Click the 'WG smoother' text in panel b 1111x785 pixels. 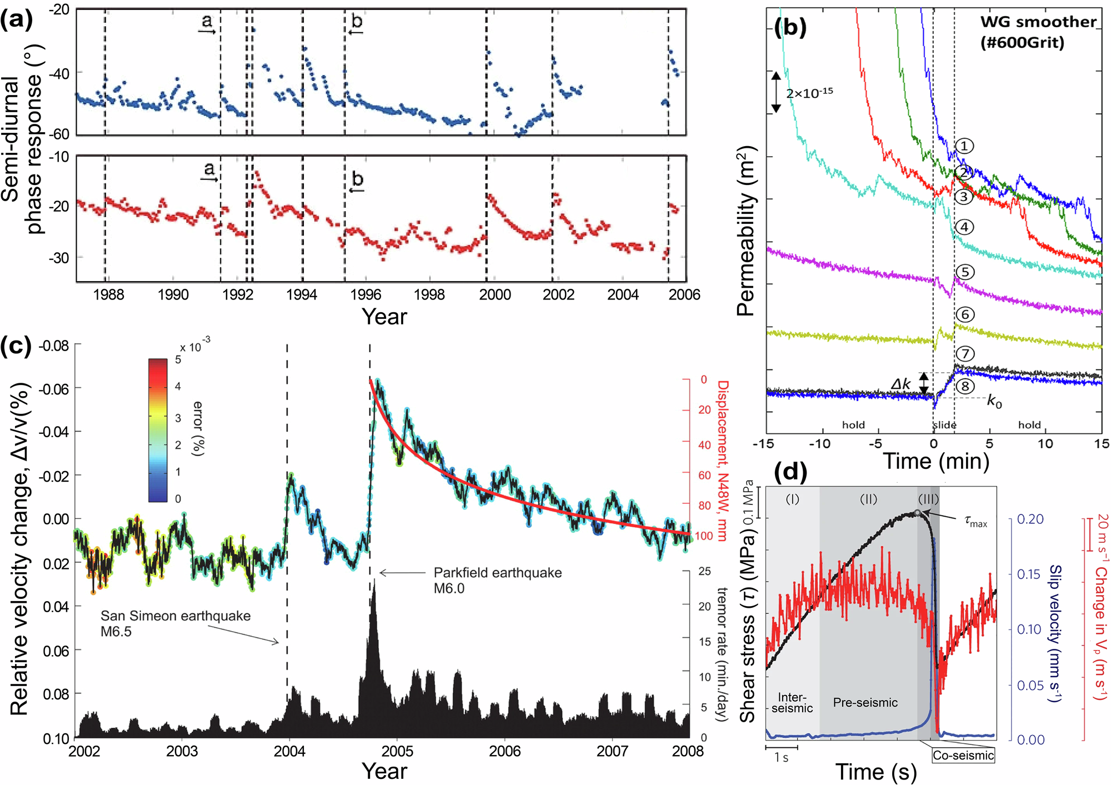click(x=1038, y=22)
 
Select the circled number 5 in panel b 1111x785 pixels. click(x=965, y=272)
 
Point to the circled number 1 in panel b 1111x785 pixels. click(x=964, y=146)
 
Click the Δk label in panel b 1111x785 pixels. click(x=900, y=384)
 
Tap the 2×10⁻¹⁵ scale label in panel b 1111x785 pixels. click(x=809, y=92)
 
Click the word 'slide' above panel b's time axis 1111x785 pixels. click(x=944, y=425)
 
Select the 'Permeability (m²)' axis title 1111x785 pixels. click(x=747, y=231)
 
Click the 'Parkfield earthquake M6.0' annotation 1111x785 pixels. click(x=497, y=580)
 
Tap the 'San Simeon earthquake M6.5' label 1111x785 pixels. click(x=175, y=623)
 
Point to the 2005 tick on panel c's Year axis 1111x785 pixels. click(x=397, y=751)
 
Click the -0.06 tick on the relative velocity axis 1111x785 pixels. click(x=54, y=388)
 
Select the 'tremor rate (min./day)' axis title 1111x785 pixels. click(x=721, y=654)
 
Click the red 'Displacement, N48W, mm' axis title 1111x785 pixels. click(x=722, y=461)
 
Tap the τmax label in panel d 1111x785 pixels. click(x=975, y=521)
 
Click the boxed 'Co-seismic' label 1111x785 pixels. click(x=963, y=755)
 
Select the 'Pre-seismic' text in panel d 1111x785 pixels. click(x=865, y=702)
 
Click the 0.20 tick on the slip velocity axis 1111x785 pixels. click(x=1030, y=519)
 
